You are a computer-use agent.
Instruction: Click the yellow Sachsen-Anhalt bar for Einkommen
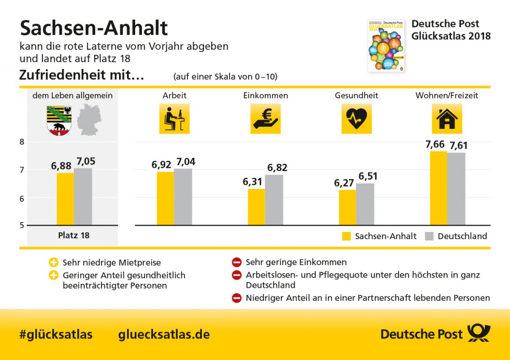(x=256, y=207)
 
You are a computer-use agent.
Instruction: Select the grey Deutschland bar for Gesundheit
(x=365, y=204)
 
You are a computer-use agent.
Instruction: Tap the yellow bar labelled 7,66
(x=438, y=188)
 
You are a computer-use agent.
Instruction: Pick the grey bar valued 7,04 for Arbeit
(x=183, y=197)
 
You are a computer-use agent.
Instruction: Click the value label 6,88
(x=61, y=166)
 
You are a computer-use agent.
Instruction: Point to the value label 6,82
(x=277, y=168)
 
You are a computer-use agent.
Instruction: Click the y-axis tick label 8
(x=22, y=142)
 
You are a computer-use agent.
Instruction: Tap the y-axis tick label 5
(x=22, y=225)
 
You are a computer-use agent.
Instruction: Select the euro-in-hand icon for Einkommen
(x=265, y=119)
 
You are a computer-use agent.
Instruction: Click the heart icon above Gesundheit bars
(x=357, y=119)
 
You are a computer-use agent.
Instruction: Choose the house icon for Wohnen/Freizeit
(x=447, y=119)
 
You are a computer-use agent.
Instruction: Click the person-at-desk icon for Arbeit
(x=174, y=119)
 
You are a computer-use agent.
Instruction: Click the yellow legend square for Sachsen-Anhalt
(x=346, y=236)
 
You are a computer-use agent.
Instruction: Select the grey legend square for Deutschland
(x=429, y=236)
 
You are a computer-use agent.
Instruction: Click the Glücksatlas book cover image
(x=386, y=45)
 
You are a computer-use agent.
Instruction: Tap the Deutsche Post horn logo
(x=479, y=334)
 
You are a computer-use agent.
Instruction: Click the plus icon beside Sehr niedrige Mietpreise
(x=53, y=262)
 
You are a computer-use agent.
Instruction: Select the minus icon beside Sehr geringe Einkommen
(x=237, y=262)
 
